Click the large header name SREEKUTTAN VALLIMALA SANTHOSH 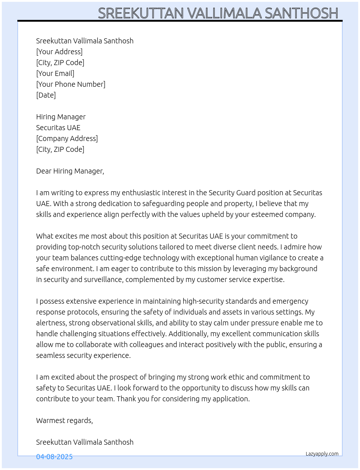click(218, 13)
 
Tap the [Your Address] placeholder click(59, 52)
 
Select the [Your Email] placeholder click(55, 73)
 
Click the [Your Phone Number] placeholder click(71, 84)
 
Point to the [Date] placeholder click(46, 95)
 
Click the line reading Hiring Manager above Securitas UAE click(61, 117)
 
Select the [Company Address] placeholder click(67, 138)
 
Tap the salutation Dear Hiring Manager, click(70, 171)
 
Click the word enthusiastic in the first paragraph click(141, 193)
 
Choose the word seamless click(50, 355)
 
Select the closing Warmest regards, click(64, 420)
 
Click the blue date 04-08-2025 click(54, 457)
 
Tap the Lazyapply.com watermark click(322, 454)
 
